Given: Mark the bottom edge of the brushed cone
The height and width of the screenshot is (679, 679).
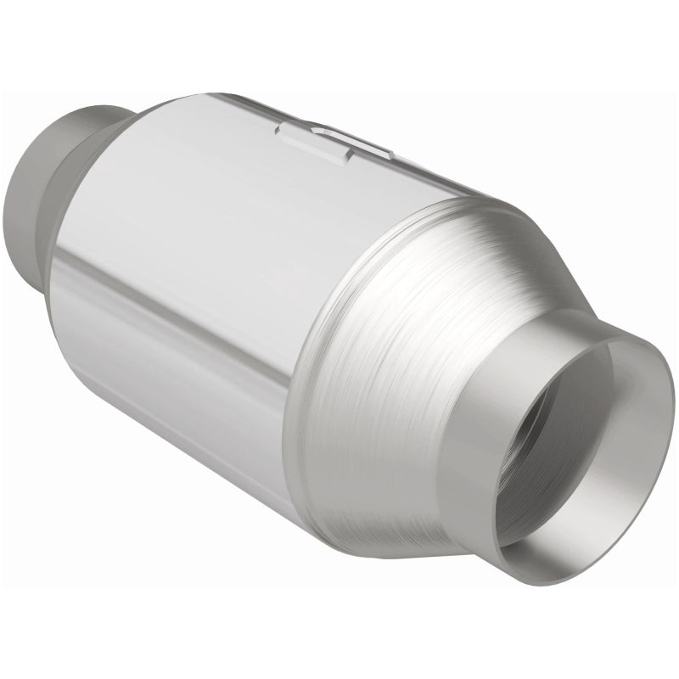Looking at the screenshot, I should (382, 535).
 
